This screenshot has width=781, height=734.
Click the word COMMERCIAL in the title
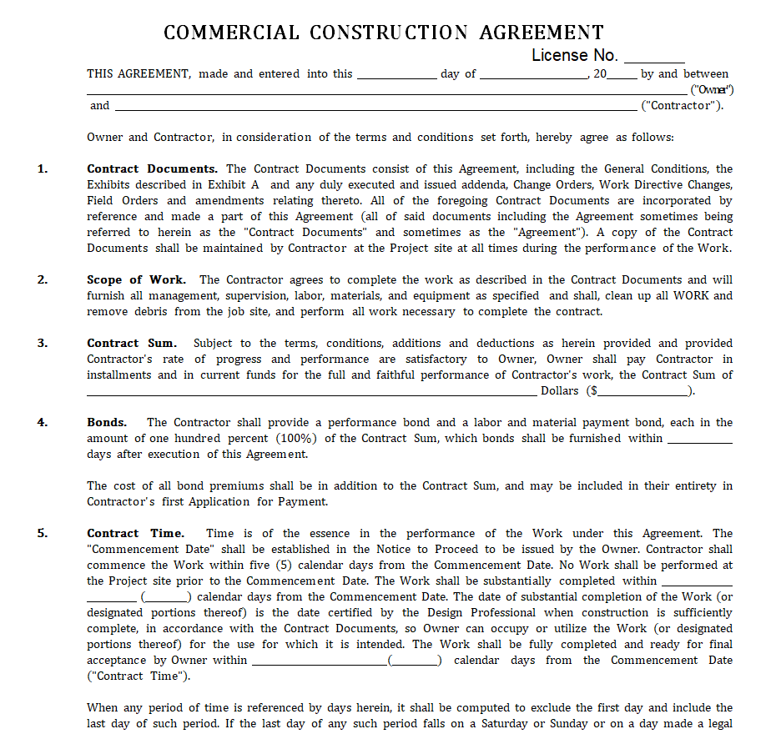[231, 33]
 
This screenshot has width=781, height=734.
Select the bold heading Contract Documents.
[152, 168]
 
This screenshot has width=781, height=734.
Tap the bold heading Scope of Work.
[136, 279]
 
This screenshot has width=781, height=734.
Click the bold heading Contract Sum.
[132, 343]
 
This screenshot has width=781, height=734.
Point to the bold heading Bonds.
[107, 422]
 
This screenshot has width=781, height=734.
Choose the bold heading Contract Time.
[135, 533]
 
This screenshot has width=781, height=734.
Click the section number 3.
[43, 343]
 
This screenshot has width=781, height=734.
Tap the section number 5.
[43, 533]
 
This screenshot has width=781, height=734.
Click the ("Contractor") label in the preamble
[682, 106]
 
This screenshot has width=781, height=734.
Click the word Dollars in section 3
[560, 390]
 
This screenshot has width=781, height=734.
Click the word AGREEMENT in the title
[542, 33]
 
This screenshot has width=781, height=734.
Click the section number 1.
[43, 168]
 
